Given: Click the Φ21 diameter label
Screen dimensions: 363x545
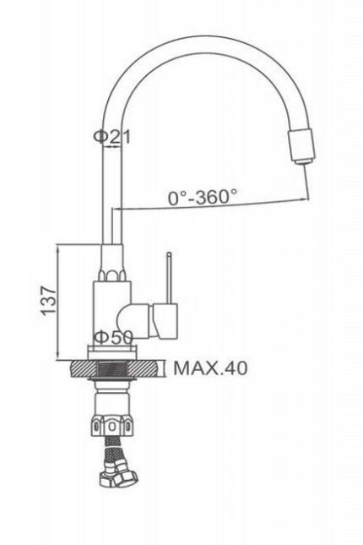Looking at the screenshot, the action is [x=112, y=137].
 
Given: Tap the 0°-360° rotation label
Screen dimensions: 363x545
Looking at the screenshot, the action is [x=203, y=197].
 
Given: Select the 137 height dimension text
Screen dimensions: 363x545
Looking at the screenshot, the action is [x=48, y=301].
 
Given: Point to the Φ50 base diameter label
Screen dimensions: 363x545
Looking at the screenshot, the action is [x=114, y=337].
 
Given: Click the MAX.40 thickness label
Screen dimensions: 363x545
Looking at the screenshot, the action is [x=210, y=368].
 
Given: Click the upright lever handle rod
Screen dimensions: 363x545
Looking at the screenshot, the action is [x=169, y=277].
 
